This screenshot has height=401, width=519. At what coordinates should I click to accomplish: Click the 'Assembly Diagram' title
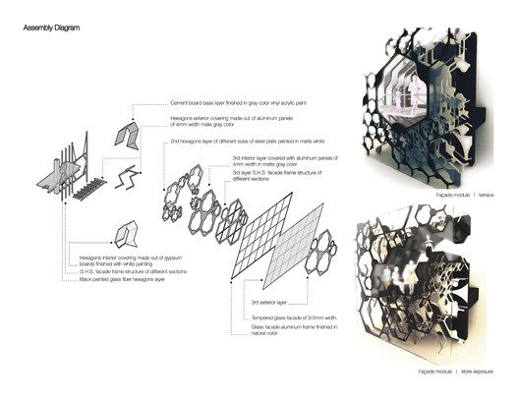click(x=52, y=29)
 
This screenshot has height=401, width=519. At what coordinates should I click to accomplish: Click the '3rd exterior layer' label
click(x=268, y=302)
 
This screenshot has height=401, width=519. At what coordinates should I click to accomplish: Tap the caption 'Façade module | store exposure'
click(x=451, y=373)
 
